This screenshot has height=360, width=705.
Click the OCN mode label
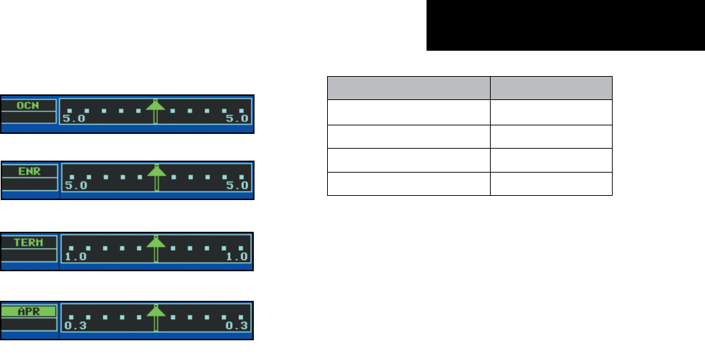click(28, 105)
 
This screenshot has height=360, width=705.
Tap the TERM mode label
click(28, 242)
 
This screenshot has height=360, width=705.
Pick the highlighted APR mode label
click(28, 311)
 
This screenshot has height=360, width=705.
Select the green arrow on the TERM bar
click(156, 247)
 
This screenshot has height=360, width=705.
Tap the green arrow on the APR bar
click(156, 316)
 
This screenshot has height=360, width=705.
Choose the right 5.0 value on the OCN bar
click(238, 120)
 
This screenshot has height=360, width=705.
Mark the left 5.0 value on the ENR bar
click(74, 187)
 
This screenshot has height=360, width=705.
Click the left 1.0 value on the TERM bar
click(74, 256)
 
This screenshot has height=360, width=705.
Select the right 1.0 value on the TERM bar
click(238, 256)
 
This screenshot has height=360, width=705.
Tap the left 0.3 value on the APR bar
click(74, 326)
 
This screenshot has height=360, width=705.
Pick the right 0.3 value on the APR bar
click(238, 326)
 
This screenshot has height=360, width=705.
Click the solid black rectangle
click(565, 25)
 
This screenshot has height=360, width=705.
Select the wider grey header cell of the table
click(409, 88)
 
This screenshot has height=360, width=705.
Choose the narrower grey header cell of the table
click(551, 88)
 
